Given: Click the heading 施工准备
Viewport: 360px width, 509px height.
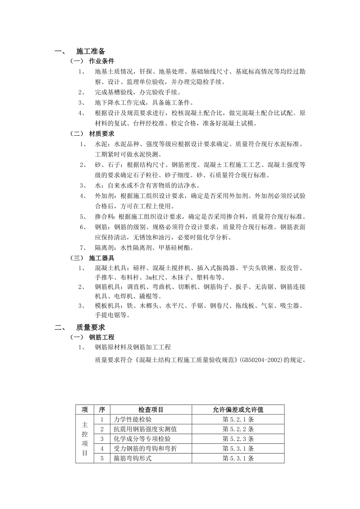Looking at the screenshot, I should tap(90, 51).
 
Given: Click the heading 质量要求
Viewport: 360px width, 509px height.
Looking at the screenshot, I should tap(90, 328).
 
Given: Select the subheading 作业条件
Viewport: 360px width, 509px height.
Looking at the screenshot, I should tap(102, 61).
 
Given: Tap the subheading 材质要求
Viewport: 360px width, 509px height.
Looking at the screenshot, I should tap(102, 134).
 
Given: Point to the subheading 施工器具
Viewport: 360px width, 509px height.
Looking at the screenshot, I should tap(102, 258).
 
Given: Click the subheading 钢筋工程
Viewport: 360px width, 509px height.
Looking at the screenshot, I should tap(102, 337).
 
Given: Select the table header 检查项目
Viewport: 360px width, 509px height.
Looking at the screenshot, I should tap(151, 410).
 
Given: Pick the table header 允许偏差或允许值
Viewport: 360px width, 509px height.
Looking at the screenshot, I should tap(238, 410).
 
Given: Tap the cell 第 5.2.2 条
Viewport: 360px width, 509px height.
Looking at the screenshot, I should tap(238, 429).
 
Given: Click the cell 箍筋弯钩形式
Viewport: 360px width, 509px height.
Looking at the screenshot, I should tap(133, 459).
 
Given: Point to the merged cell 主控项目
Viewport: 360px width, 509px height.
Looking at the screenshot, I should tap(85, 439).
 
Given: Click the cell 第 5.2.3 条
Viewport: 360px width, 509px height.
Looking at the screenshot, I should tap(238, 439).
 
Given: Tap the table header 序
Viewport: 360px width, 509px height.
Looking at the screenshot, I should tap(102, 410).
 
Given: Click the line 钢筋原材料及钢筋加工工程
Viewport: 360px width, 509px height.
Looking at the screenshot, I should tap(133, 347).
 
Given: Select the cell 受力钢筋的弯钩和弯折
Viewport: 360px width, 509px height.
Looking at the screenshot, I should tap(145, 449).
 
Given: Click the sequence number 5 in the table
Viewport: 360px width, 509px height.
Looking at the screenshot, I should tap(102, 459).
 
